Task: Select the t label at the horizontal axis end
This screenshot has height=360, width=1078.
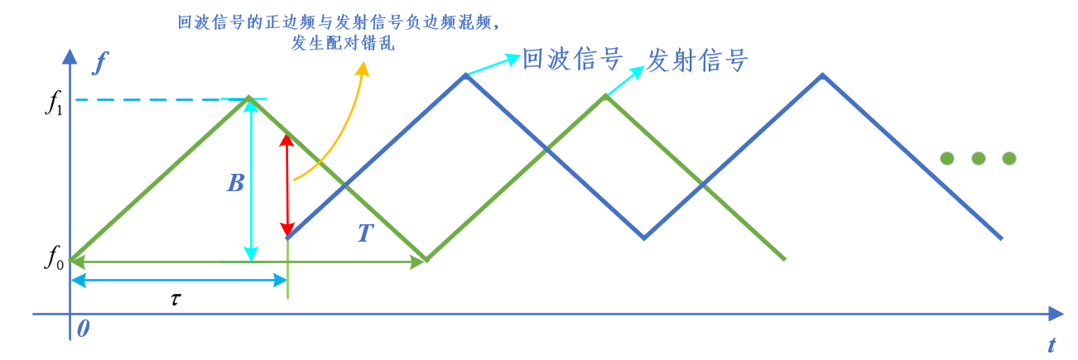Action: coord(1052,343)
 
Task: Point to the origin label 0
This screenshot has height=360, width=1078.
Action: coord(84,329)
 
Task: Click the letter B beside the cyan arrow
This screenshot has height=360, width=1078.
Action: coord(236,183)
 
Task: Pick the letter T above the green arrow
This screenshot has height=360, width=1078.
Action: coord(366,234)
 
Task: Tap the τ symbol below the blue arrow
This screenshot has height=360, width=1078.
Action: coord(176,298)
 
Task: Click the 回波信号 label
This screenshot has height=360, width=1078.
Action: coord(571,60)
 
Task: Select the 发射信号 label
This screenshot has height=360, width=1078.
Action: coord(697,60)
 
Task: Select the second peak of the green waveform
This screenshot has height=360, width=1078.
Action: coord(605,96)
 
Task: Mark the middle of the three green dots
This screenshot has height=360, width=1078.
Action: coord(978,157)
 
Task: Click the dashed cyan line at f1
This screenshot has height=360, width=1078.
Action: coord(149,100)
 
